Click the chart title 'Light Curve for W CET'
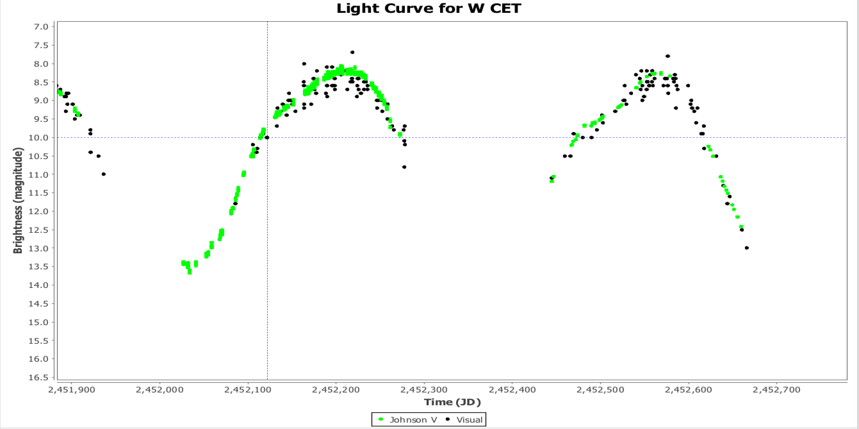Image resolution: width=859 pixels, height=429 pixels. pos(429,8)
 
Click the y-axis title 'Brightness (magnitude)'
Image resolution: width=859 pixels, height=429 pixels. pos(18,200)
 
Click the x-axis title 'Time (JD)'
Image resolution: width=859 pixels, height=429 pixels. pos(452,402)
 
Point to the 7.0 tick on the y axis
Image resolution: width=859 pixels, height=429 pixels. pos(41,27)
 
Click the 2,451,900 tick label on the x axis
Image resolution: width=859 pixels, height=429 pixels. pos(71,390)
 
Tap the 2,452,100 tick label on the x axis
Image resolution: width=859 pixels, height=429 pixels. pos(248,390)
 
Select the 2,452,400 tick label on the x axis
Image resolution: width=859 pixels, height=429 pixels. pos(512,390)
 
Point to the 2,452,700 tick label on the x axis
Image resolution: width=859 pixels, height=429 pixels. pos(776,390)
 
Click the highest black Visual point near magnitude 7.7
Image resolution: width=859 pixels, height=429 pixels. pos(352,52)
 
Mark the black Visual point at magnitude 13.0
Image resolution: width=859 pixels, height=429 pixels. pos(747,248)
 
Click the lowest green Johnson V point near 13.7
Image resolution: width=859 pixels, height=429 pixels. pos(189,272)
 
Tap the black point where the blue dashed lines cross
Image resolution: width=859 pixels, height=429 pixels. pos(267,138)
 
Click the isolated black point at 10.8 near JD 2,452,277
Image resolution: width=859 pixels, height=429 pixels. pos(404,167)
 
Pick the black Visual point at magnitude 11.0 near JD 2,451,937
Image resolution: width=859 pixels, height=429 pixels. pos(104,174)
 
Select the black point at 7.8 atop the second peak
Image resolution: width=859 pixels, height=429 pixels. pos(667,56)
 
